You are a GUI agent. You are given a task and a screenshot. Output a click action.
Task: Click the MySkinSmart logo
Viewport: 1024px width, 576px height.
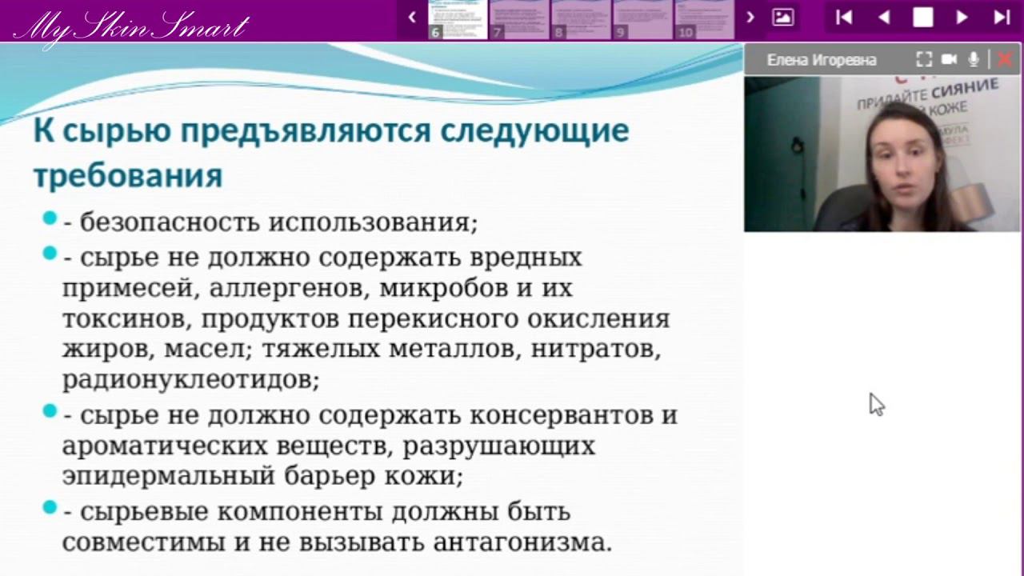point(131,26)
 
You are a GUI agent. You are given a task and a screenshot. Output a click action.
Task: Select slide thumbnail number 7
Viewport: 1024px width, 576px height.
point(519,19)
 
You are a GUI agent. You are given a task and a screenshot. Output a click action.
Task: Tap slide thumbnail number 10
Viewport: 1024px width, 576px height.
point(704,19)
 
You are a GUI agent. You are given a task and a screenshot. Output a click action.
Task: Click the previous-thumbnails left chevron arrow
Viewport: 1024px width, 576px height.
point(412,17)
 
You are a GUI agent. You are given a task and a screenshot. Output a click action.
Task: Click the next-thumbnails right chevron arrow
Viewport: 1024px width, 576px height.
point(750,17)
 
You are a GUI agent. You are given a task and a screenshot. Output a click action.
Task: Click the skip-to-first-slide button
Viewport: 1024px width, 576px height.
point(844,18)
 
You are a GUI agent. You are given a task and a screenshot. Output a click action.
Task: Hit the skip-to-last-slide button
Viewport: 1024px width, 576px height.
point(1002,18)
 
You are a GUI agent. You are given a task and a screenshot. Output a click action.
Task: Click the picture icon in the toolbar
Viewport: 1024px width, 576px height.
point(783,17)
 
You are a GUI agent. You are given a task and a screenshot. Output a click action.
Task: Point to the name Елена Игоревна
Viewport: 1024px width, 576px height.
point(822,60)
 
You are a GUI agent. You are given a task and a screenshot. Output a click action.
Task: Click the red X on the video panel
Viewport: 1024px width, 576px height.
point(1005,59)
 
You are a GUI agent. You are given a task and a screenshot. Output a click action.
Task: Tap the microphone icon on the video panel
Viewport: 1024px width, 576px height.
point(974,59)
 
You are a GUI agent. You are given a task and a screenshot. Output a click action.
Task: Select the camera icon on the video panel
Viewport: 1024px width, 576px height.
point(950,59)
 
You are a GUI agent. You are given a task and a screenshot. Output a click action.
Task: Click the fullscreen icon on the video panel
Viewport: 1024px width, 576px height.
point(924,59)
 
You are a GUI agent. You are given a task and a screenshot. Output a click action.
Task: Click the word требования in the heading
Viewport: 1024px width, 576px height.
point(127,175)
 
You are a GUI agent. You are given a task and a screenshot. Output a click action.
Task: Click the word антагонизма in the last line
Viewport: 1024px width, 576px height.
point(521,542)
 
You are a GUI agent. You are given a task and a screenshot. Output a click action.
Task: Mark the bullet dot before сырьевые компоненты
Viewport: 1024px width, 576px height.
point(50,507)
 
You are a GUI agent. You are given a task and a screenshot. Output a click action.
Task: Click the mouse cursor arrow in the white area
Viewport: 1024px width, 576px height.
point(876,403)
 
